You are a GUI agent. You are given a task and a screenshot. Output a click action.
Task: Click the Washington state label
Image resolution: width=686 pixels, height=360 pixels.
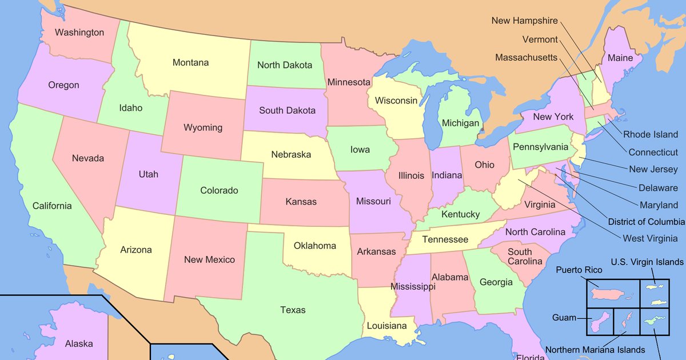pyautogui.click(x=79, y=33)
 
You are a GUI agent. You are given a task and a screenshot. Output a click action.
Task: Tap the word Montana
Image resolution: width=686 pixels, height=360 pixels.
pyautogui.click(x=190, y=62)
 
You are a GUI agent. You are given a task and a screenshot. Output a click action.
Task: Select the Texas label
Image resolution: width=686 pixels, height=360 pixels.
pyautogui.click(x=293, y=310)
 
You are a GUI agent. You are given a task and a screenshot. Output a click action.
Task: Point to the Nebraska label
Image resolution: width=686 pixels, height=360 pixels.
pyautogui.click(x=291, y=154)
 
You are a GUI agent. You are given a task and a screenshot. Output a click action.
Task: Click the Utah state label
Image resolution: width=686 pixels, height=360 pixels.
pyautogui.click(x=149, y=174)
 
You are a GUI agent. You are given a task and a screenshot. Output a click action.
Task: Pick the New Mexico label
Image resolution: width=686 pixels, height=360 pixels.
pyautogui.click(x=209, y=259)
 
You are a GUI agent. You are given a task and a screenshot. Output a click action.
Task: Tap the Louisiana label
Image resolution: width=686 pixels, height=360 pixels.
pyautogui.click(x=387, y=326)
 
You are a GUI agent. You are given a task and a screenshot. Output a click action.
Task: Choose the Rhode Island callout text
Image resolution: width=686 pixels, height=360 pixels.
pyautogui.click(x=650, y=135)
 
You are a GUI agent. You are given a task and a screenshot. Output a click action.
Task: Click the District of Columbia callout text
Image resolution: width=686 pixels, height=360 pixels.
pyautogui.click(x=646, y=222)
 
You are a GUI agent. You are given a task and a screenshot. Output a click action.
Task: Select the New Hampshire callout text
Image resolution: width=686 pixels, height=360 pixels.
pyautogui.click(x=524, y=21)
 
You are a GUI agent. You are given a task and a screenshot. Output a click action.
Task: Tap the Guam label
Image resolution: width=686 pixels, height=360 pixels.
pyautogui.click(x=564, y=317)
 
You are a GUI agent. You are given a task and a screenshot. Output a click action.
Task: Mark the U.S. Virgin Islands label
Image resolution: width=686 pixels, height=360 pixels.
pyautogui.click(x=647, y=262)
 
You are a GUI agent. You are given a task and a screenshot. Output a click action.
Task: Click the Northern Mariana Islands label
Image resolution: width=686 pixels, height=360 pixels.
pyautogui.click(x=595, y=350)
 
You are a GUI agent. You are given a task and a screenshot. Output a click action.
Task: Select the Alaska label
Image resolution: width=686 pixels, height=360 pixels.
pyautogui.click(x=79, y=343)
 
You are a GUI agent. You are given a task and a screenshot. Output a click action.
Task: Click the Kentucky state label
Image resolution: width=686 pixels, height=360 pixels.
pyautogui.click(x=461, y=214)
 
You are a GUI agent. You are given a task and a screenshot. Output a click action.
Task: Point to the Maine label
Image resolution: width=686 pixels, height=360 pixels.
pyautogui.click(x=620, y=58)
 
